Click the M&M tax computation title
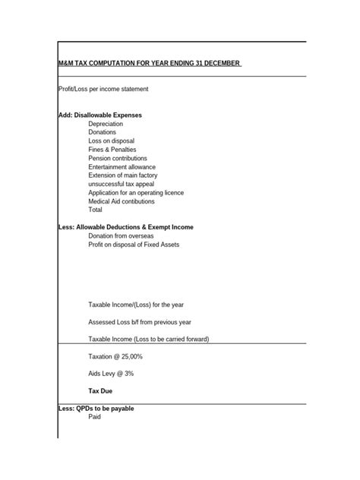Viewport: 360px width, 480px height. click(150, 64)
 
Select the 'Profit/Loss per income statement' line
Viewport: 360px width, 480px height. click(103, 89)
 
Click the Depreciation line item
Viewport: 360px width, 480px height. click(105, 123)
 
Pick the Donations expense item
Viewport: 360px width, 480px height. click(103, 132)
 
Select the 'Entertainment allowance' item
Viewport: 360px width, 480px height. click(122, 167)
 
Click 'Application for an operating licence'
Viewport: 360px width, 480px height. click(136, 193)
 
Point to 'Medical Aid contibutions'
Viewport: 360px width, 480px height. click(122, 201)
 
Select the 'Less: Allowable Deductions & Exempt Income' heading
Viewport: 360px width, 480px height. click(126, 227)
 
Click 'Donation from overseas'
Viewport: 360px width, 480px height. click(122, 236)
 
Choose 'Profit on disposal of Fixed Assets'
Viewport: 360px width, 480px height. click(134, 245)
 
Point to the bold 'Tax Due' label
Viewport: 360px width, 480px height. click(101, 391)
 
